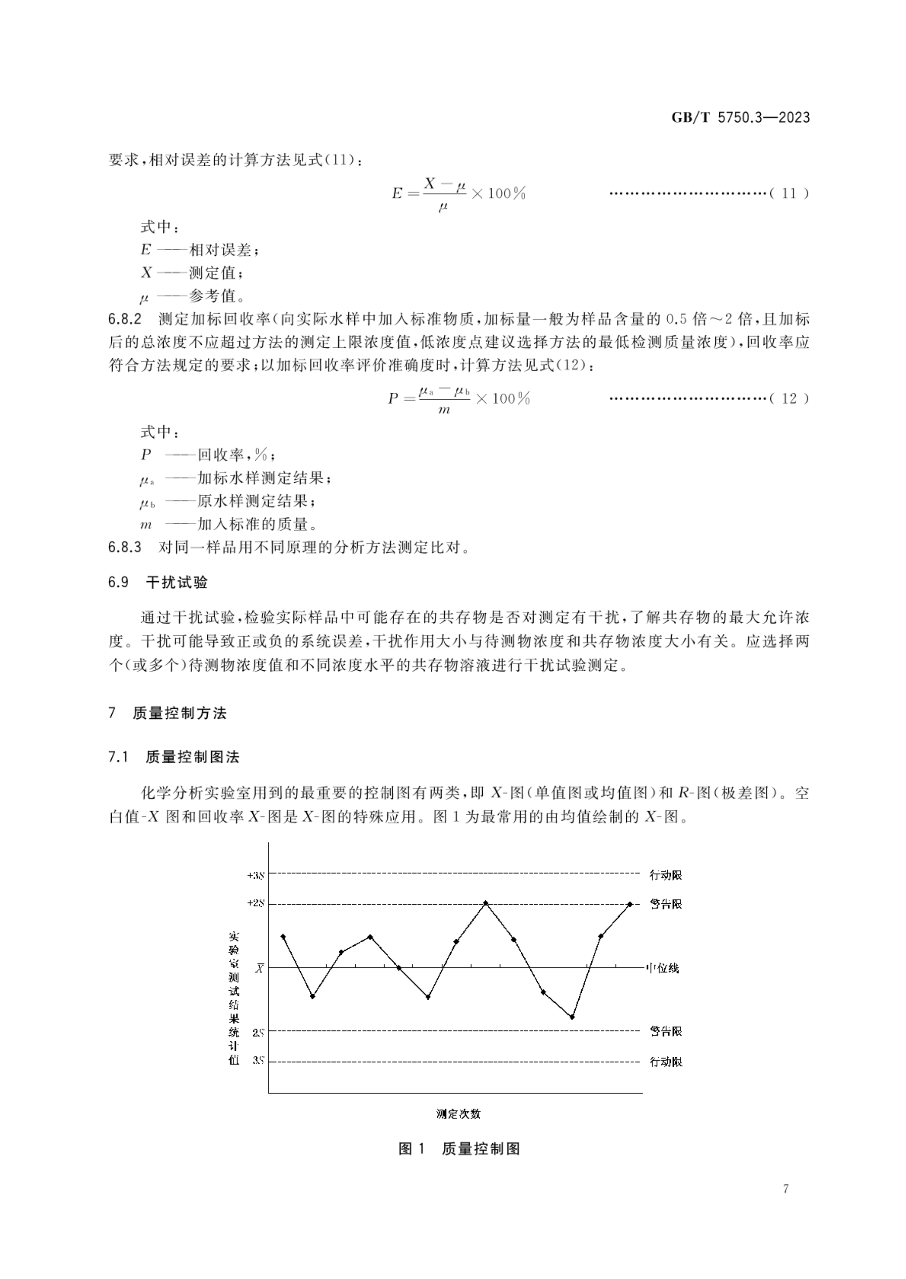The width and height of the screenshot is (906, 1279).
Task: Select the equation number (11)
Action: click(x=789, y=194)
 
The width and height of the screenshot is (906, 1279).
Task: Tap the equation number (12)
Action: click(x=789, y=398)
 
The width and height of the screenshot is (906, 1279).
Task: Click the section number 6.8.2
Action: click(x=125, y=320)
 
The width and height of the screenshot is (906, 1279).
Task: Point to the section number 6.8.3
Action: click(x=125, y=547)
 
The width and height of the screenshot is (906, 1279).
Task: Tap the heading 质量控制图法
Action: click(x=192, y=757)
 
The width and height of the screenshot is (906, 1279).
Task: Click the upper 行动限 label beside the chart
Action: click(x=666, y=875)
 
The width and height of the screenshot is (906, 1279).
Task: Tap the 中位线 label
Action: click(x=662, y=968)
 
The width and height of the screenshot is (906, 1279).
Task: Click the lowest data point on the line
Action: click(x=572, y=1017)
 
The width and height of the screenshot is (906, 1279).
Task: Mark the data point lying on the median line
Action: click(x=399, y=968)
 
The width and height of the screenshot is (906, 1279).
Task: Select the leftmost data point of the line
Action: click(x=284, y=936)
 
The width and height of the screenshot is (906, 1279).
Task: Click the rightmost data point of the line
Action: click(x=630, y=904)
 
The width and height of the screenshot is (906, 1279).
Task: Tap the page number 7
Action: click(x=786, y=1204)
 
